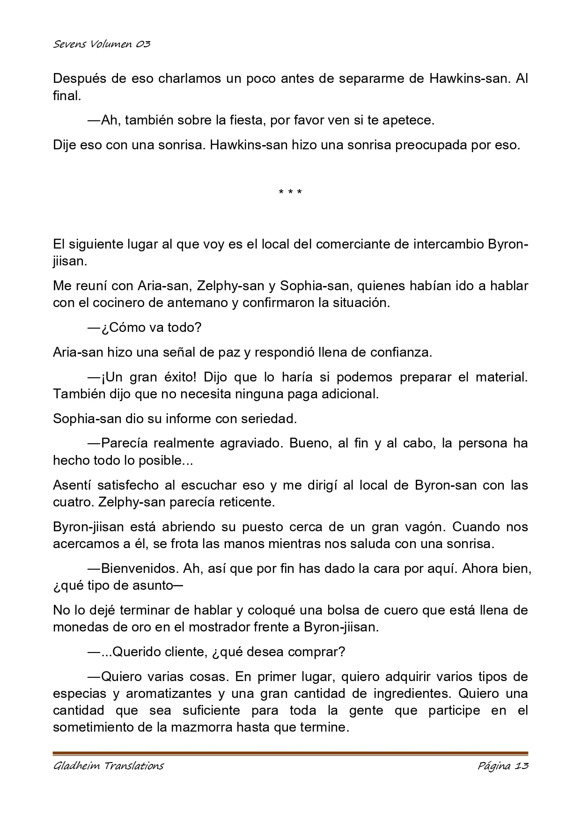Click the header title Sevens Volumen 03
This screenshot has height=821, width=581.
click(102, 44)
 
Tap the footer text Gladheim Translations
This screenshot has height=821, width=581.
click(108, 766)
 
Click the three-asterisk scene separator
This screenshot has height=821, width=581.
click(290, 192)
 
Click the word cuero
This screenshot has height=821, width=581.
click(402, 610)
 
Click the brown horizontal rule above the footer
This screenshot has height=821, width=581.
click(290, 754)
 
